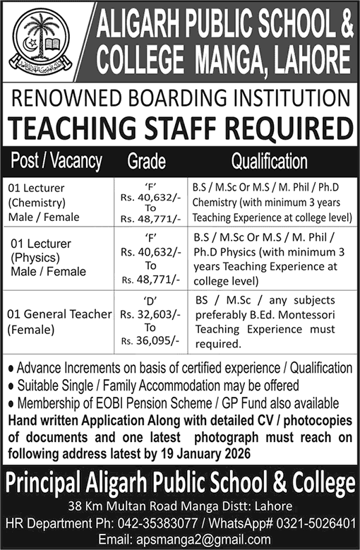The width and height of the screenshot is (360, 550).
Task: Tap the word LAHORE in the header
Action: (x=308, y=60)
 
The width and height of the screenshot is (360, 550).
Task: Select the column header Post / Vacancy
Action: (x=56, y=161)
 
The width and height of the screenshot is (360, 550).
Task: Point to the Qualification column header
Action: (x=269, y=162)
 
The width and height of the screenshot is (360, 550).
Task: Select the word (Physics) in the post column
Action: (x=34, y=259)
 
